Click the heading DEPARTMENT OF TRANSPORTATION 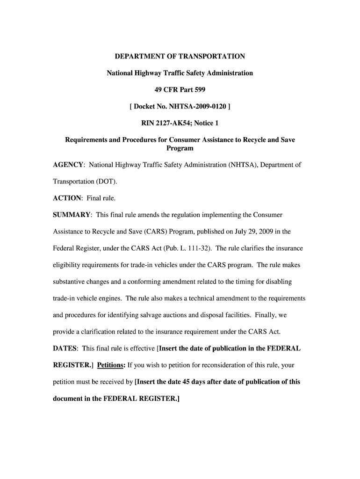180,57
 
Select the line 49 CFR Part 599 180,90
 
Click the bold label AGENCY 68,165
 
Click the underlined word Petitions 111,365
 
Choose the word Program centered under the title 180,148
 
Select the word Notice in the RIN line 202,123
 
